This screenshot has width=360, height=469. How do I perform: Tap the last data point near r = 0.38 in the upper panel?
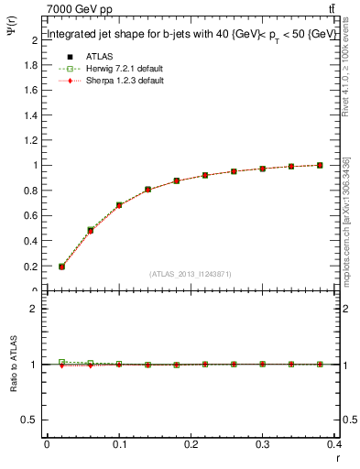click(320, 165)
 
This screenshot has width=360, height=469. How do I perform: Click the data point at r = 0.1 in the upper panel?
click(119, 205)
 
